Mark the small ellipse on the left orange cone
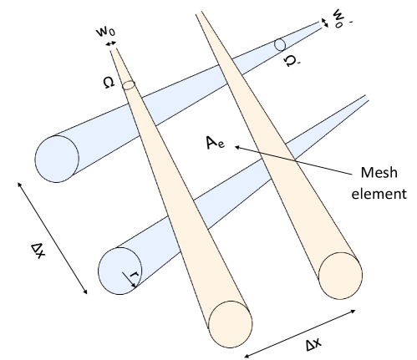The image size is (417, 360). point(129,85)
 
